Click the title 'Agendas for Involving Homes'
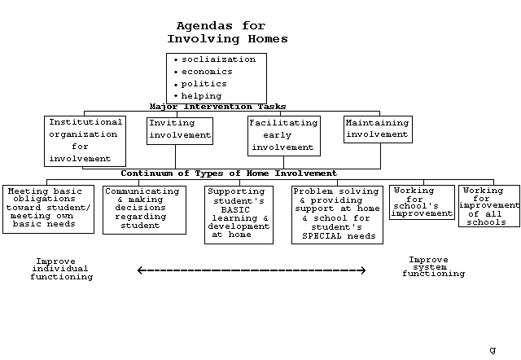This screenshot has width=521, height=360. tap(227, 33)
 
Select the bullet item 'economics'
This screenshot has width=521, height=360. tap(207, 72)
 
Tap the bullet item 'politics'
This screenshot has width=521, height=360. tap(204, 84)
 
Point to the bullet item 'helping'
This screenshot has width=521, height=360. tap(201, 96)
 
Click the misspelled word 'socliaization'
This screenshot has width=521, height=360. tap(219, 59)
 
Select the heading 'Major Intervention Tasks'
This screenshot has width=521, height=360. tap(217, 107)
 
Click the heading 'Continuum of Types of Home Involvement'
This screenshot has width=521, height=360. tap(229, 173)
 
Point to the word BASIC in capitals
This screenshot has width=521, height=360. tap(235, 210)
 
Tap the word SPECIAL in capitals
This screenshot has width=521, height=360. tap(322, 236)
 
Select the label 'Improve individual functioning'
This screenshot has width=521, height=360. tap(62, 269)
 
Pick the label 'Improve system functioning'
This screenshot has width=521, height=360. tap(433, 266)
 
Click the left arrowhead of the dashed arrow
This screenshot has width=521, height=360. tap(138, 270)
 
